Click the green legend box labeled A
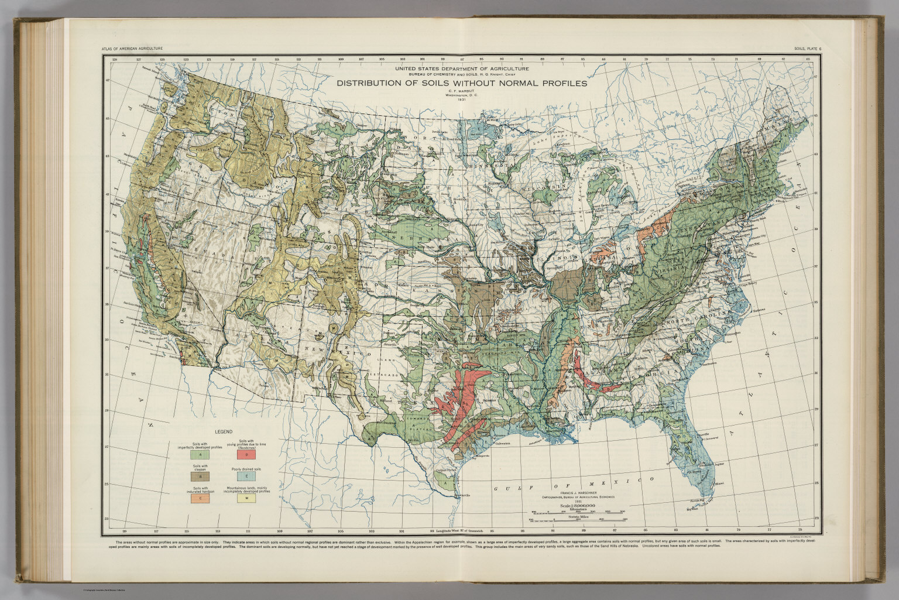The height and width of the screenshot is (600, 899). click(200, 454)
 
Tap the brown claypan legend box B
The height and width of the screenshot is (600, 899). click(200, 476)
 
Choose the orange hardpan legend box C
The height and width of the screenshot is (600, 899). click(200, 499)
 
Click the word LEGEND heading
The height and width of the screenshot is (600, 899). click(224, 431)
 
